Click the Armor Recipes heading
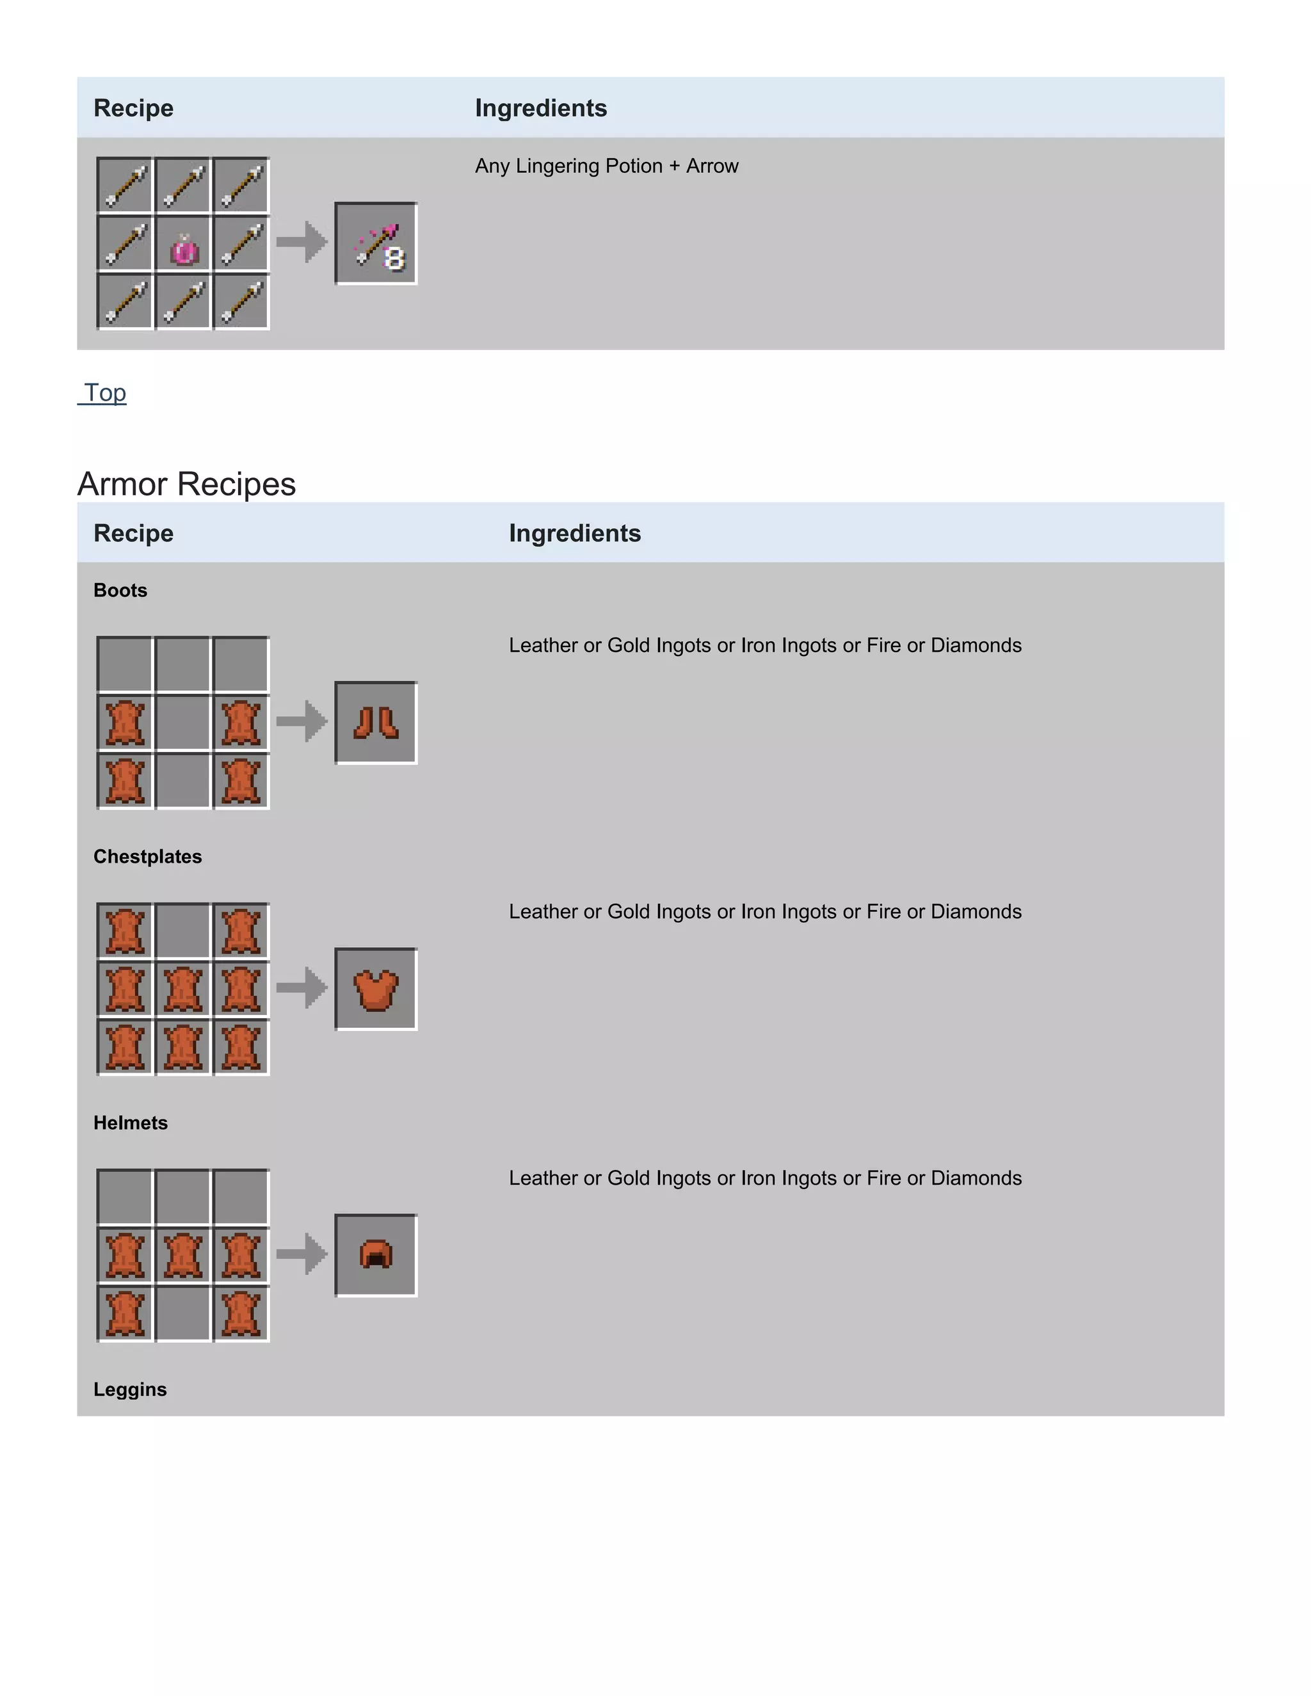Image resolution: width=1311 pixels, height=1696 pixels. [x=186, y=484]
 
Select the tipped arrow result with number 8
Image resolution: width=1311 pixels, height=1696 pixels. [x=376, y=244]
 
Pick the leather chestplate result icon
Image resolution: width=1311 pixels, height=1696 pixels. [x=376, y=989]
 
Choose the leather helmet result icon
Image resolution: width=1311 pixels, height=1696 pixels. [x=376, y=1255]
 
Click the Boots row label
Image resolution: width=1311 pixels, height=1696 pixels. [x=120, y=590]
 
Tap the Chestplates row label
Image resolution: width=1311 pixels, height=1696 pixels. [x=148, y=856]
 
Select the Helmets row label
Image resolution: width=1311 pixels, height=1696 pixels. [x=131, y=1123]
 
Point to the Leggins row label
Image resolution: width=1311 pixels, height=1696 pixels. [x=130, y=1389]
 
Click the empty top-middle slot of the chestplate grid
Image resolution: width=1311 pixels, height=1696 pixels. [x=183, y=931]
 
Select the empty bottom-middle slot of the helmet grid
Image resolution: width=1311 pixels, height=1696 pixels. [x=183, y=1313]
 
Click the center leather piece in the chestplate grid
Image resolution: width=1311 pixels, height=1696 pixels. [x=183, y=989]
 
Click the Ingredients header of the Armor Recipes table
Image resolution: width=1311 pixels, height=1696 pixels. [x=575, y=534]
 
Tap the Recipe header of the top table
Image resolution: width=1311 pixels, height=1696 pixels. [x=134, y=108]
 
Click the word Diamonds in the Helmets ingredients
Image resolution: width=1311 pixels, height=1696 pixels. [x=976, y=1178]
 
